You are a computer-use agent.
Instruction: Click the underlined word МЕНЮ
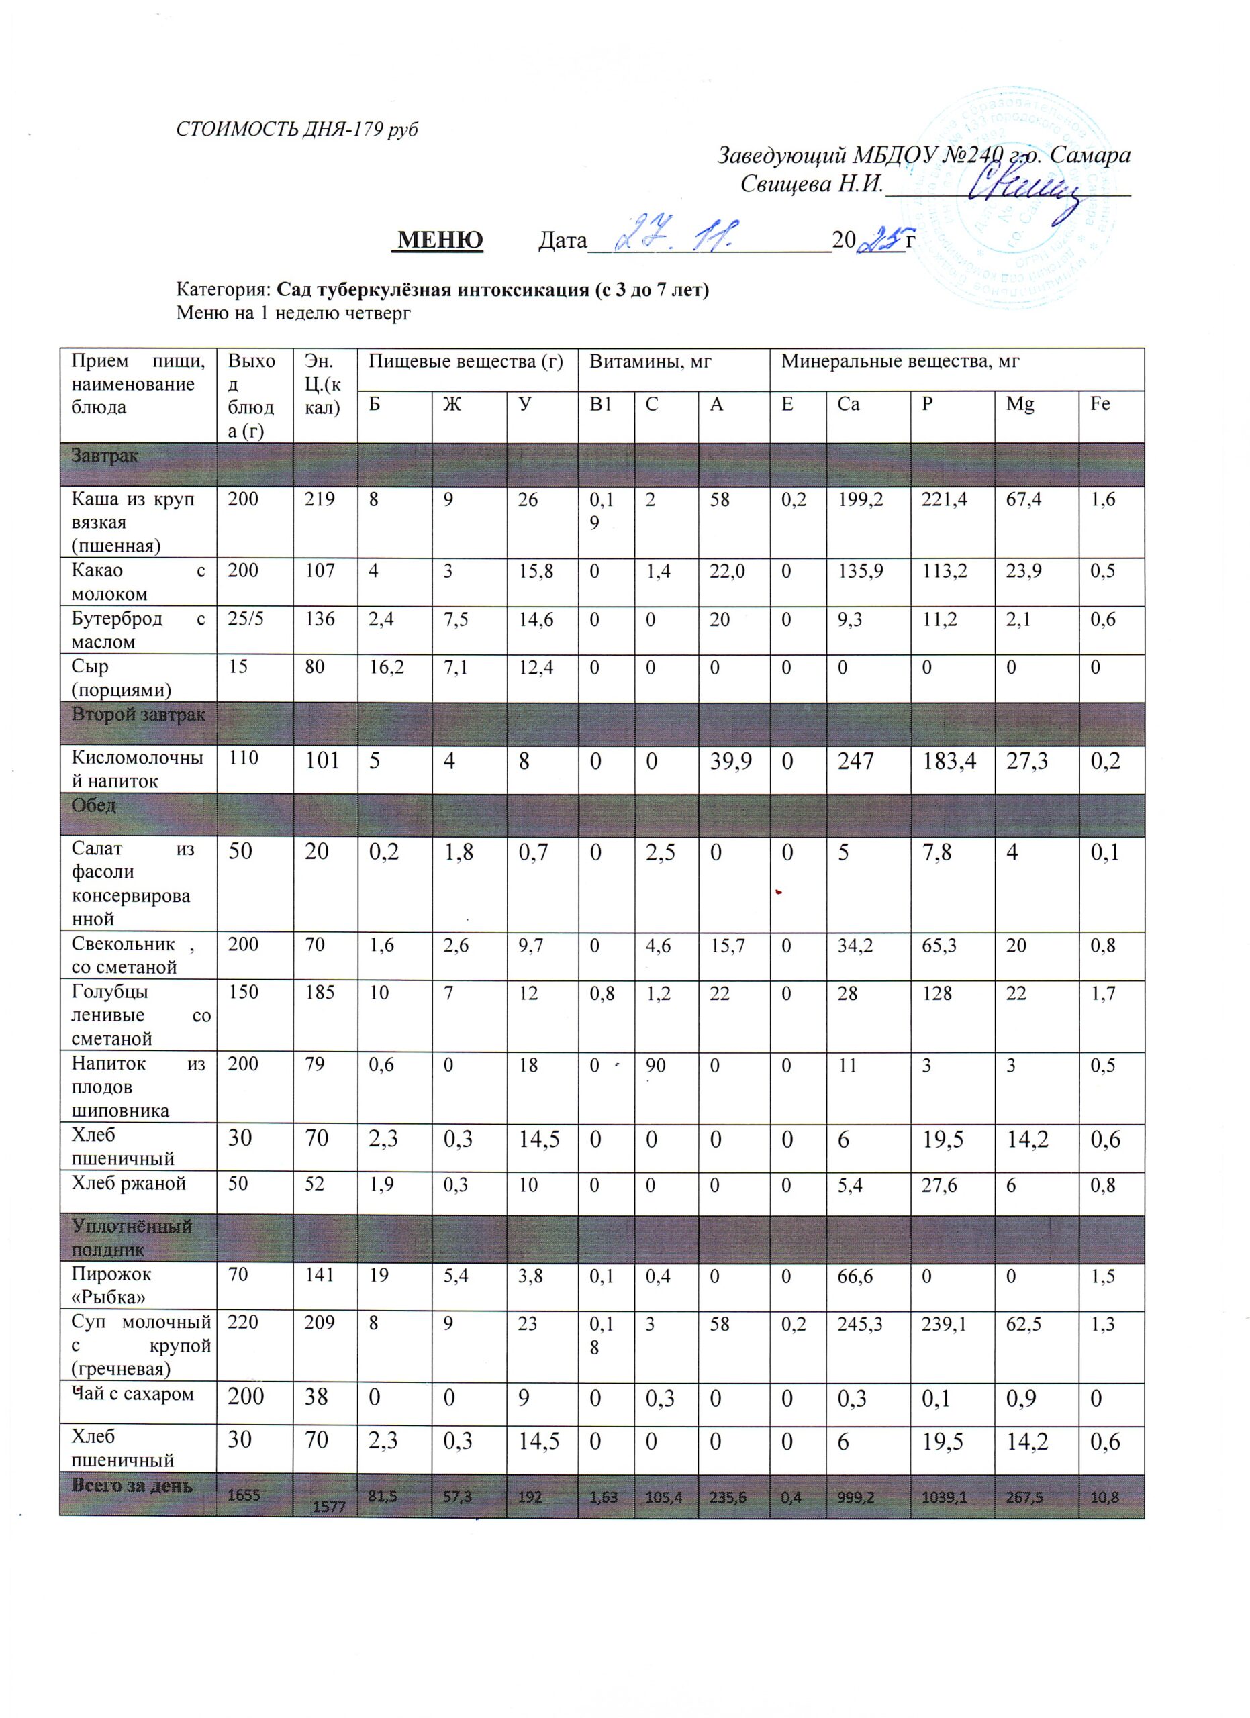tap(440, 240)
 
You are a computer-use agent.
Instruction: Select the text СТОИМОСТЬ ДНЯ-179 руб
tap(297, 130)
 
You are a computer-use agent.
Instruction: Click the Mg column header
tap(1020, 405)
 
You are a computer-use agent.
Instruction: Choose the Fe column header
tap(1100, 405)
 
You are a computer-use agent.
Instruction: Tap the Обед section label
tap(94, 805)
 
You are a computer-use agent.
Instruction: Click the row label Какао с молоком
tap(138, 582)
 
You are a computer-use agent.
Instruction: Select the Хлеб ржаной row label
tap(129, 1183)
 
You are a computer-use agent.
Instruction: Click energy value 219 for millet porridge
tap(320, 500)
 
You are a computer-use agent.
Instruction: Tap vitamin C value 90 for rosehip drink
tap(655, 1066)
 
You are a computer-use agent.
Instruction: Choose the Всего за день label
tap(132, 1486)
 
